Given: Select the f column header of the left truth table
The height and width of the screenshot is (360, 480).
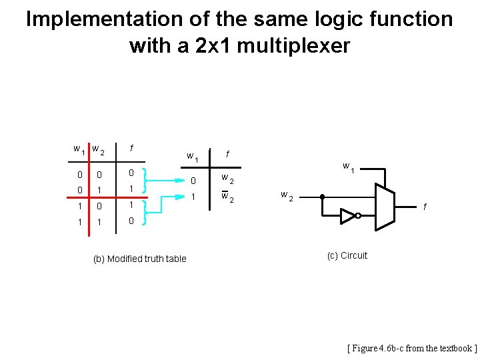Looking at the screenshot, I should point(132,148).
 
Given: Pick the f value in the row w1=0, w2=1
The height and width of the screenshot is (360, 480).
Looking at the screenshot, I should point(132,189).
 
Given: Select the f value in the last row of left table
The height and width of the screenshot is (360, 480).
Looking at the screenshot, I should point(132,221).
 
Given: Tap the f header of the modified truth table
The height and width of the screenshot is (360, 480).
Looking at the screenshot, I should point(228,155).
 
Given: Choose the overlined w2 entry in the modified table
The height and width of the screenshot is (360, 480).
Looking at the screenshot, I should point(227,198).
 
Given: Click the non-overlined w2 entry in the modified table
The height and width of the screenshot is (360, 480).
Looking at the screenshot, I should point(227,179).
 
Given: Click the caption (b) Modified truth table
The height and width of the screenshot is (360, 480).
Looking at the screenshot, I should point(139,259).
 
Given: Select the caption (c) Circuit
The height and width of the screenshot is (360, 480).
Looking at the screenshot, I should point(347,255).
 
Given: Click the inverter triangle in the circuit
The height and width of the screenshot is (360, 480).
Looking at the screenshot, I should point(347,215).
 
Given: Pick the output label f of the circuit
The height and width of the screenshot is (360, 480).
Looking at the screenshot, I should point(426,207).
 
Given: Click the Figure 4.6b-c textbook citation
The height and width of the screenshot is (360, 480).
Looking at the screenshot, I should point(412,348).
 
